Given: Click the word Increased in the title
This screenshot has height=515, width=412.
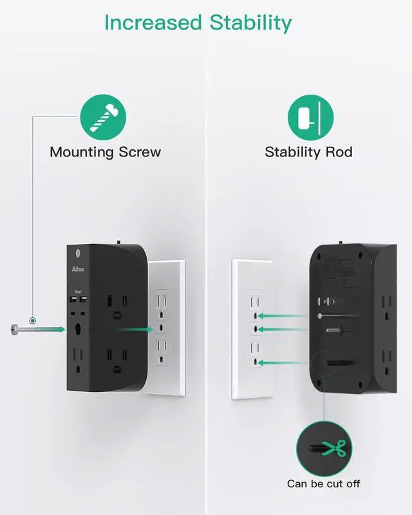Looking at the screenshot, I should (151, 23).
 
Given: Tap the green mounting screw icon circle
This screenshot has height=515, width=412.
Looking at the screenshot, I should (103, 117).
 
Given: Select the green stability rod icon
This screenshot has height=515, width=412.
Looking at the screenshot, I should (310, 117).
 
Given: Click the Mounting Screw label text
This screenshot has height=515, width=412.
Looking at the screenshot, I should (105, 153).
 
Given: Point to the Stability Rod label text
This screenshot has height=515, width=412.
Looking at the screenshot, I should (309, 153).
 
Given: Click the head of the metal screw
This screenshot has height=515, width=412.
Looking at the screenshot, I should (14, 330).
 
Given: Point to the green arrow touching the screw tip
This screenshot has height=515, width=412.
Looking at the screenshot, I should (57, 330).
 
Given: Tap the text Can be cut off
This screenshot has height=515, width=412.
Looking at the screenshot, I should (324, 483).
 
